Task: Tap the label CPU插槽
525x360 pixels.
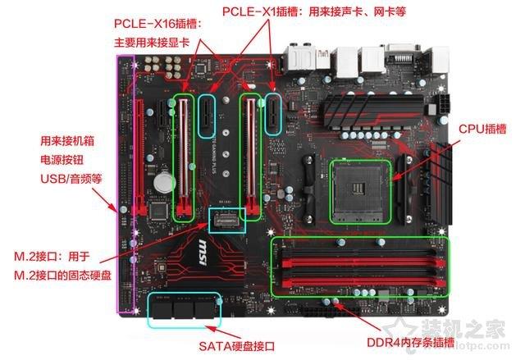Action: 482,129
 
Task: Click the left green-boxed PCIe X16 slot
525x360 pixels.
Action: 184,156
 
